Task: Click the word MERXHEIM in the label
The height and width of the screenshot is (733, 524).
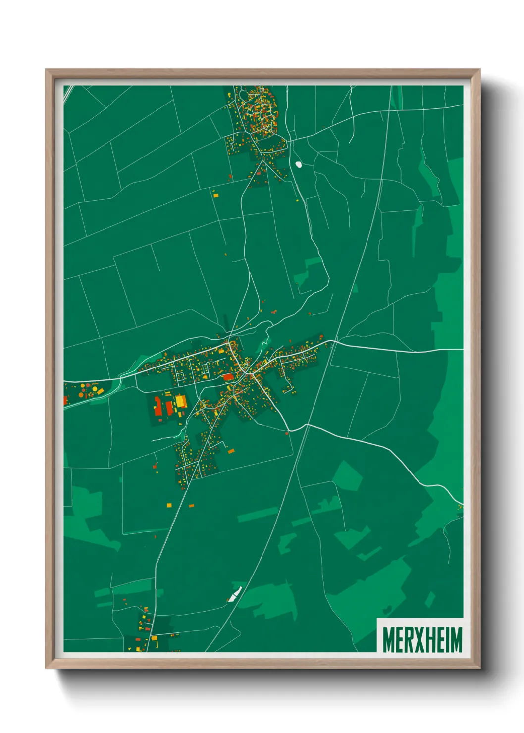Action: click(422, 639)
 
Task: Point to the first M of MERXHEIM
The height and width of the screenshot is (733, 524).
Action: click(388, 639)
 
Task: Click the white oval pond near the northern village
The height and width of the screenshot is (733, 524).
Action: click(299, 164)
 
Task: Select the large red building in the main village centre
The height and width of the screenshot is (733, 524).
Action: click(228, 377)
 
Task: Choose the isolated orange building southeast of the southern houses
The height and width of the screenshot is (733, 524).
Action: click(230, 451)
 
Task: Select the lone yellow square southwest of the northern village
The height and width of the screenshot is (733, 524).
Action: click(215, 195)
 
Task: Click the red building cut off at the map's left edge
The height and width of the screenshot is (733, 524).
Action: click(65, 400)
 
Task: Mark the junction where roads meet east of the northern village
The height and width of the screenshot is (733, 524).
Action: click(289, 141)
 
